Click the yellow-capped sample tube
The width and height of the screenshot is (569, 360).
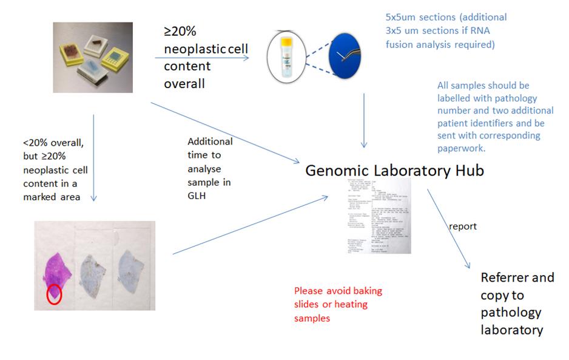(284, 58)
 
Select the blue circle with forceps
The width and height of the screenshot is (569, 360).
(345, 58)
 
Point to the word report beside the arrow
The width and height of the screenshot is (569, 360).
(462, 226)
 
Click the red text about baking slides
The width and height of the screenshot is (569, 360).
(338, 304)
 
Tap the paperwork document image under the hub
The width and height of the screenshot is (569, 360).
(376, 216)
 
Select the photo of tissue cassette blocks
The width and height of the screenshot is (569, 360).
(92, 57)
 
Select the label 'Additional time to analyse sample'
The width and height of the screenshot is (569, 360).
(209, 167)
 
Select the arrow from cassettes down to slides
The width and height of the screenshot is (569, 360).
(93, 158)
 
